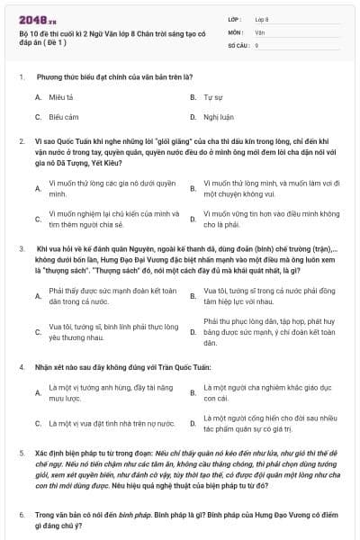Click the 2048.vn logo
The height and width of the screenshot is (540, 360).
[x=34, y=17]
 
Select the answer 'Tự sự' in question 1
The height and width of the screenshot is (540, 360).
[x=213, y=96]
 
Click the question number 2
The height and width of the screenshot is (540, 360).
[x=21, y=141]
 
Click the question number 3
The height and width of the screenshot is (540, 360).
[x=21, y=247]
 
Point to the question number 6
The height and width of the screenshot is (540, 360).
[x=21, y=514]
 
